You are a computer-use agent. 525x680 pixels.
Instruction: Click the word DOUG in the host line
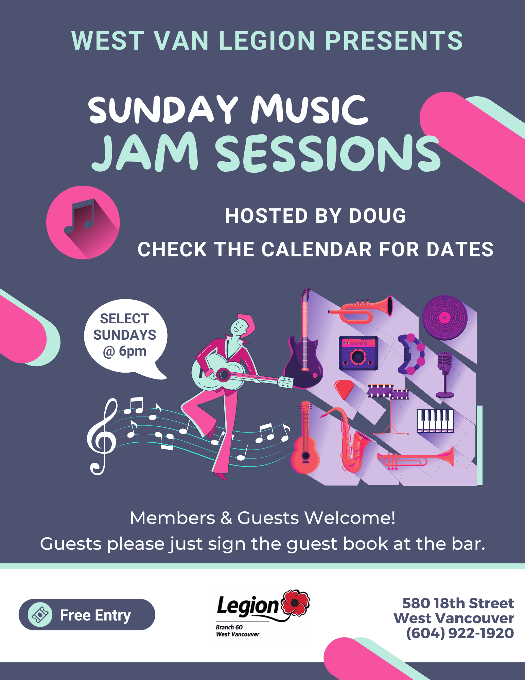[377, 216]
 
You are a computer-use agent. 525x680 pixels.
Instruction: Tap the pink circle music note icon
[83, 222]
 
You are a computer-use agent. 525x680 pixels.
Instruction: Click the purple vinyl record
[445, 318]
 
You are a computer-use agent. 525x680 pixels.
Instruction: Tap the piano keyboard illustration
[435, 421]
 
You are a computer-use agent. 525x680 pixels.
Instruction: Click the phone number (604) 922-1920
[460, 633]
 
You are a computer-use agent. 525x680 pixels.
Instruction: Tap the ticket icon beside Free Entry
[40, 615]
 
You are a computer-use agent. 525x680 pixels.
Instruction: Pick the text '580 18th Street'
[458, 603]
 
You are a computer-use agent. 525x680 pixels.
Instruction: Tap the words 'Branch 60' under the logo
[229, 627]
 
